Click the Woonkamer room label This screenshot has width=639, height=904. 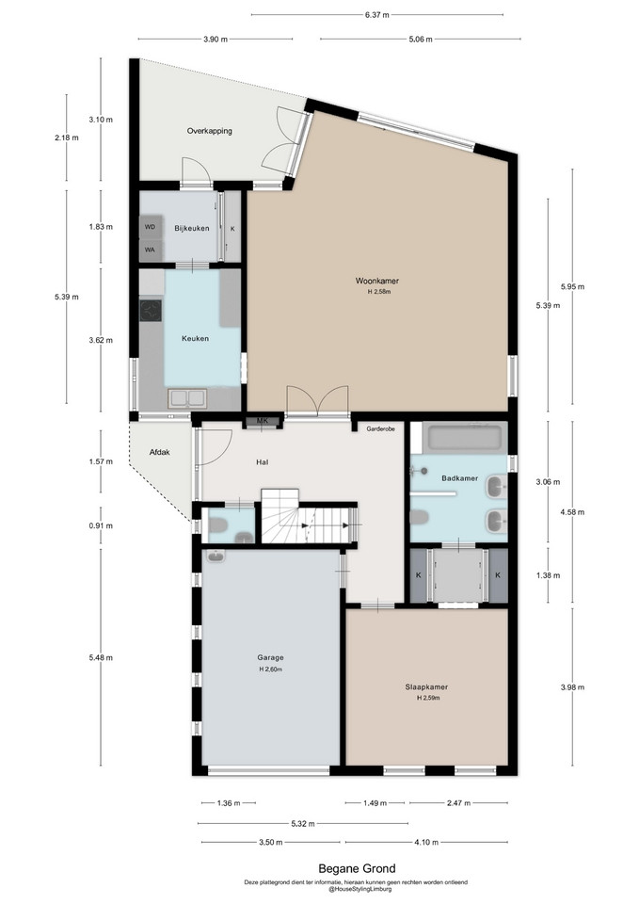pos(376,281)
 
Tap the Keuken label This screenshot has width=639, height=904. pos(196,338)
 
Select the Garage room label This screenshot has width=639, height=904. pos(270,657)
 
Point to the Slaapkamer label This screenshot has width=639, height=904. pos(426,686)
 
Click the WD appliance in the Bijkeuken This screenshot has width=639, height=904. pos(151,227)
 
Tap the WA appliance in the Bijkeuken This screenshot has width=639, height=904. pos(151,250)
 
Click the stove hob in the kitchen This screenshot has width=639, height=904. pos(151,311)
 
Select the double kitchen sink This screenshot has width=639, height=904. pos(186,398)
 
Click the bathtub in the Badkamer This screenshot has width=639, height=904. pos(463,436)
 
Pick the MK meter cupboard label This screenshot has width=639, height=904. pos(263,421)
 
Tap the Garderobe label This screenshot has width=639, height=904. pos(381,429)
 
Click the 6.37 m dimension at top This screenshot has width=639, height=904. pos(376,15)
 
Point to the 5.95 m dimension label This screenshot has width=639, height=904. pos(572,286)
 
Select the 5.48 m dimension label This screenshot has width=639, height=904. pos(101,658)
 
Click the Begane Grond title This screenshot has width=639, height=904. pos(358,868)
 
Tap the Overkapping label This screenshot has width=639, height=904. pos(209,131)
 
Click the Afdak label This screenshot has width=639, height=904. pos(160,453)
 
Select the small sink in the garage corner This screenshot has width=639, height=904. pos(216,557)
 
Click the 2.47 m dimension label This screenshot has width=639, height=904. pos(458,802)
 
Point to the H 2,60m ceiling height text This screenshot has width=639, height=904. pos(270,670)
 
